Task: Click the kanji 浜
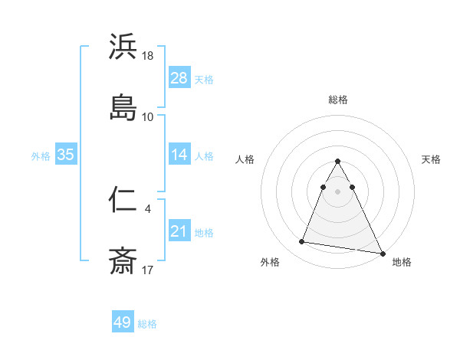(123, 47)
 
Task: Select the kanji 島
(123, 107)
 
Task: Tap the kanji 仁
(123, 201)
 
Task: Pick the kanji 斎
(123, 260)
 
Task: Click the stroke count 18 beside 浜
(149, 57)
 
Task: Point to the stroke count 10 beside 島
(148, 116)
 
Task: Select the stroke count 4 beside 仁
(147, 207)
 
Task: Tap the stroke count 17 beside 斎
(148, 270)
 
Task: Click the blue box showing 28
(179, 78)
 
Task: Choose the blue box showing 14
(179, 155)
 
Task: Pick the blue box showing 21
(179, 231)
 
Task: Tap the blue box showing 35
(65, 155)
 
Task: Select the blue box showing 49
(123, 322)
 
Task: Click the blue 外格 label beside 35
(41, 155)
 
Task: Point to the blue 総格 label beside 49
(147, 323)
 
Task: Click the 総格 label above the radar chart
(338, 100)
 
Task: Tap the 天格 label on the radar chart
(432, 159)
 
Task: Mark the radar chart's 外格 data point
(302, 242)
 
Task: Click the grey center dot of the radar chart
(338, 191)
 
